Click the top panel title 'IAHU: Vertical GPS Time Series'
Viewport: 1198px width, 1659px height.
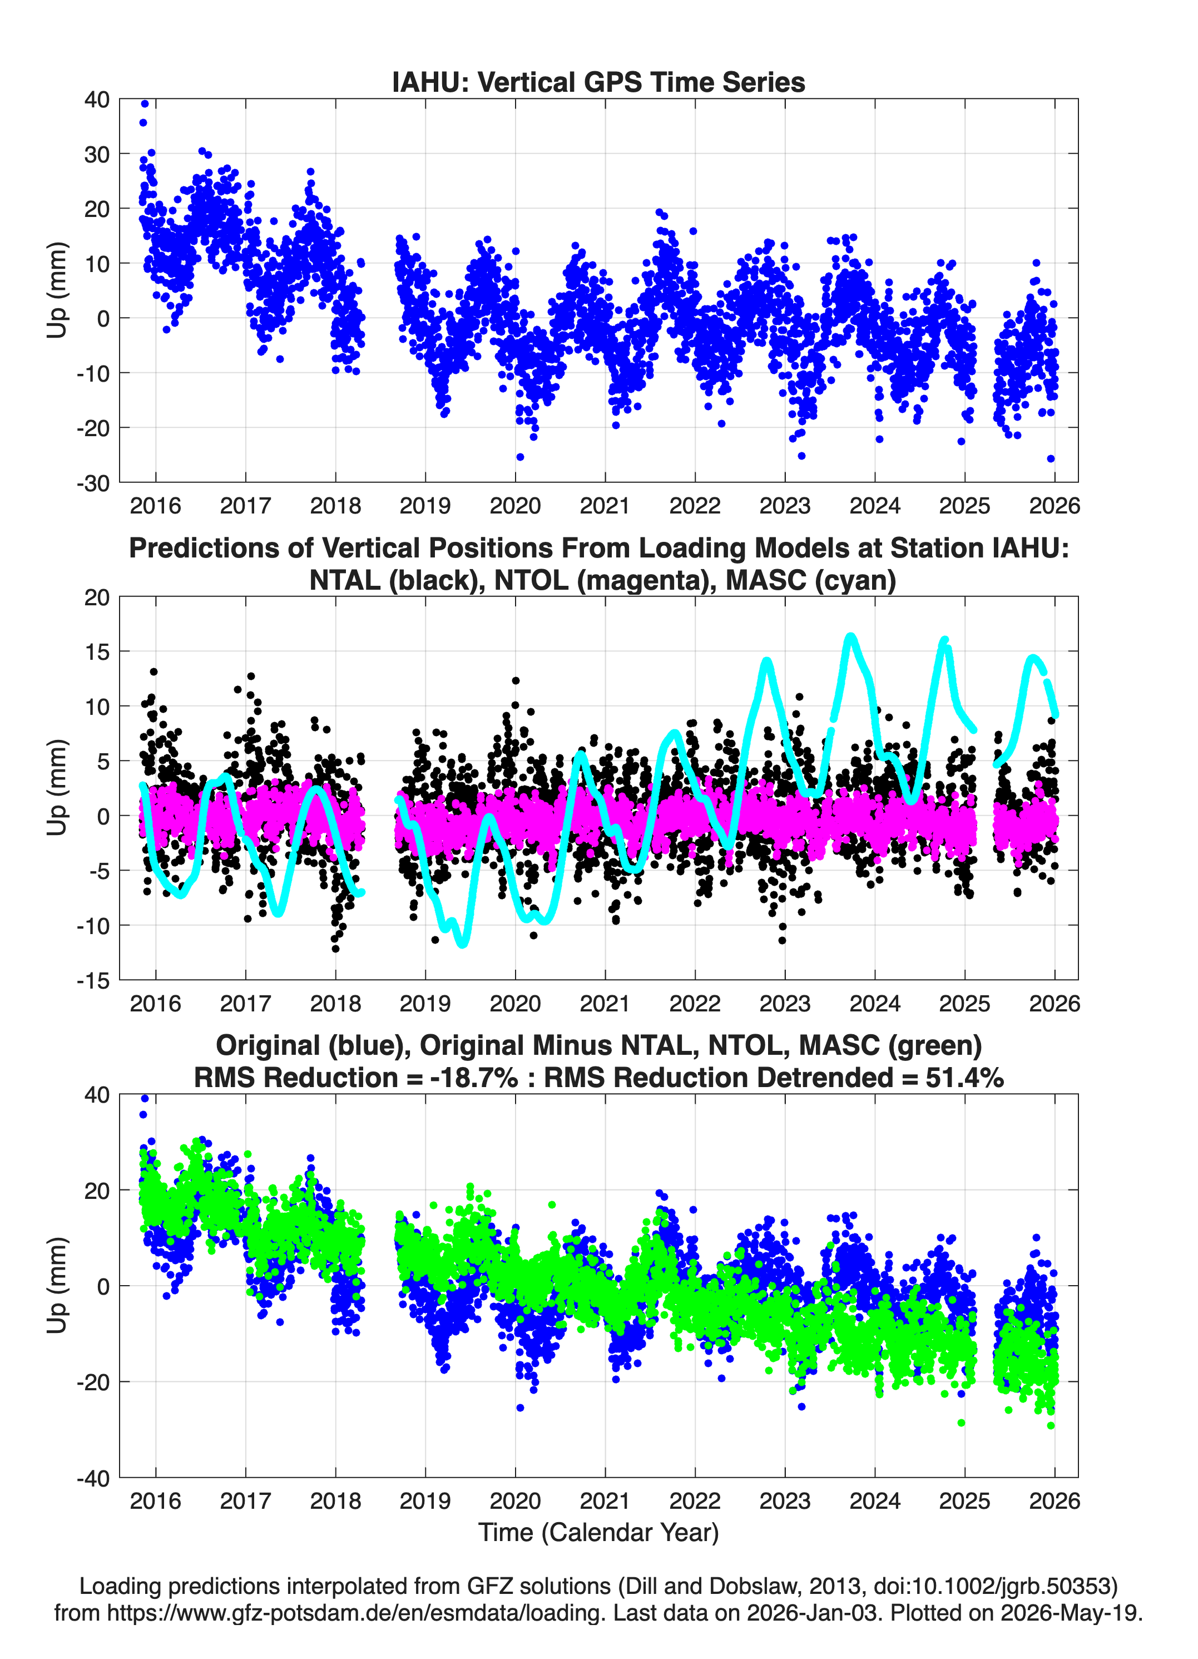point(598,82)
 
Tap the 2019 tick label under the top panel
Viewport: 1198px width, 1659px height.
point(425,506)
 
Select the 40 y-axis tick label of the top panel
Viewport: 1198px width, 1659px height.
point(97,100)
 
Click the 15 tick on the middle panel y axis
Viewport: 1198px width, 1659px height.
point(97,651)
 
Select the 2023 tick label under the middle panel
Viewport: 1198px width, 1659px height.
point(785,1003)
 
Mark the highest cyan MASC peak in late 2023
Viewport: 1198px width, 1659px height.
point(850,636)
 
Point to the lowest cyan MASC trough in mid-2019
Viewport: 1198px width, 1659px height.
point(463,943)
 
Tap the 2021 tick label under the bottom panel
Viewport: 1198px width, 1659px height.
point(605,1500)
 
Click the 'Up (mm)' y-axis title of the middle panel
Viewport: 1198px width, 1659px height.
point(57,788)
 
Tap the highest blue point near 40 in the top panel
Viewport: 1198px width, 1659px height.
point(145,104)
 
